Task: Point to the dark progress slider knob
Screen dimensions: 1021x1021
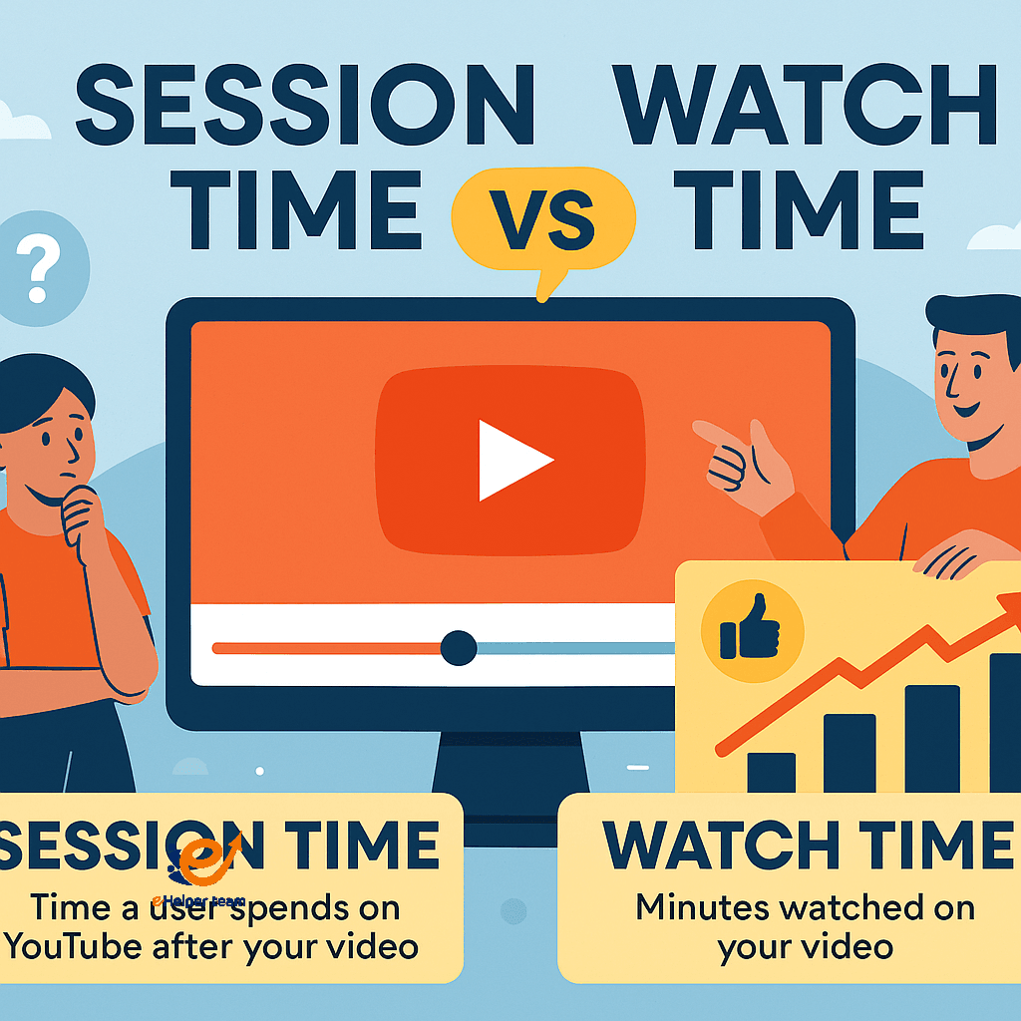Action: click(459, 648)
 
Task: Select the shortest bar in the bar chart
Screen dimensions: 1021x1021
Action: click(771, 772)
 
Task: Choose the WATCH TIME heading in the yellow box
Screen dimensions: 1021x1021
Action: click(808, 846)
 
